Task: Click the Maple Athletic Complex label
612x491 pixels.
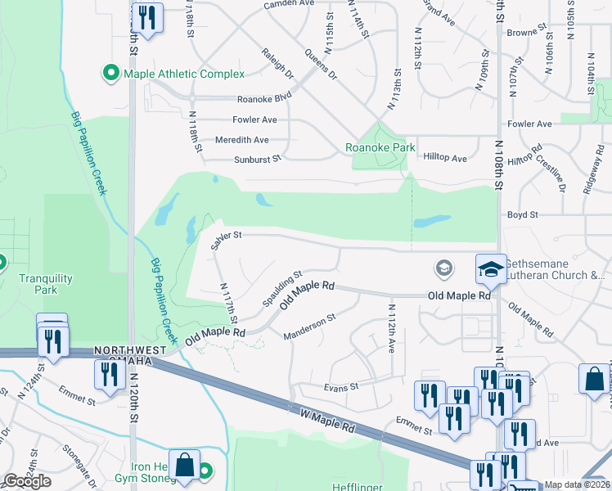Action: point(184,74)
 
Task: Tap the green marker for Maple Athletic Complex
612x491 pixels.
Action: point(111,74)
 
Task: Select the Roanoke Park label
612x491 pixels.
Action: point(376,148)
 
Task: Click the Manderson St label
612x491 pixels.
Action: point(309,327)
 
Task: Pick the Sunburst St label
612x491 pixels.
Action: point(258,160)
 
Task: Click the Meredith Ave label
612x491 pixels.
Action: point(241,140)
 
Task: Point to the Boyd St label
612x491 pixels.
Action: point(522,214)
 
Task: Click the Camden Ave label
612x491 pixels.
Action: point(289,5)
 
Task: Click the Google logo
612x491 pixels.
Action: point(27,480)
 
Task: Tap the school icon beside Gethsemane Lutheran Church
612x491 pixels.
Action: point(490,268)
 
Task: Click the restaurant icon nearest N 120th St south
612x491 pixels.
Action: point(108,373)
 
